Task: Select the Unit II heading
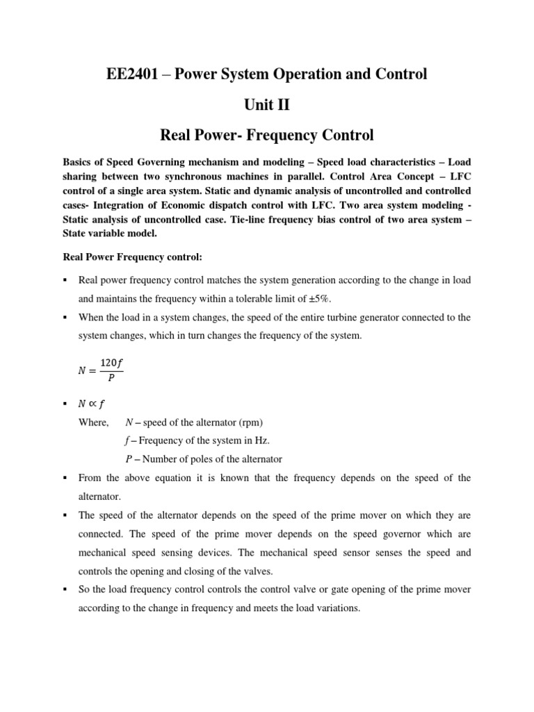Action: click(266, 105)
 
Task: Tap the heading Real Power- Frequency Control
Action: click(266, 135)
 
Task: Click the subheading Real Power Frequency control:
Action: click(132, 257)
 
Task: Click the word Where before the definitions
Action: click(93, 423)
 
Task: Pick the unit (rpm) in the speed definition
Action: click(251, 423)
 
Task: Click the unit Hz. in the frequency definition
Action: click(257, 441)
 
